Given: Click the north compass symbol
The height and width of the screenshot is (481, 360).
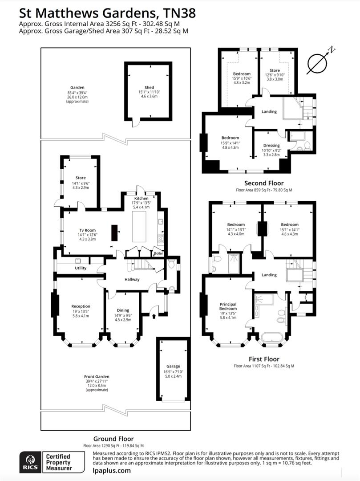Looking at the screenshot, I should pos(320,61).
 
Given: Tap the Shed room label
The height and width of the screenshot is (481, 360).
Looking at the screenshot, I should pos(149,87).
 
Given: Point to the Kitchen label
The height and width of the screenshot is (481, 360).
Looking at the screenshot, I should pos(142,198).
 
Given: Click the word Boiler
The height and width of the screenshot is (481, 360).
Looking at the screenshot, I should pos(158,253).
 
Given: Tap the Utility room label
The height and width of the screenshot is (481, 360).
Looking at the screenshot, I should pos(81,268).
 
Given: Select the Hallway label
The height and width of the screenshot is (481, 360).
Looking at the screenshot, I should pos(132,280).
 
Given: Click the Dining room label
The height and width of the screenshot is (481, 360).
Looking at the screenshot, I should pos(123,310).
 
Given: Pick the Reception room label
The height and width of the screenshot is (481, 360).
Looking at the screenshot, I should pos(81,306).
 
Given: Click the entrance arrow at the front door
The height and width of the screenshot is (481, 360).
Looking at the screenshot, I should pos(154,317).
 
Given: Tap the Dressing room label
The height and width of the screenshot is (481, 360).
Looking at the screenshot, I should pos(271,146).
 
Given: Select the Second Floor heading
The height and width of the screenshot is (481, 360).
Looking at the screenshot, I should pos(264,183).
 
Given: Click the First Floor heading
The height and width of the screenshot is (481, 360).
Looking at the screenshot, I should pos(264,359).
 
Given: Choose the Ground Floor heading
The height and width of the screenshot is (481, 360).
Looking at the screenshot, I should pos(113,439).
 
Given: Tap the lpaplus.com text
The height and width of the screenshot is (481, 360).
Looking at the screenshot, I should pos(112,471).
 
